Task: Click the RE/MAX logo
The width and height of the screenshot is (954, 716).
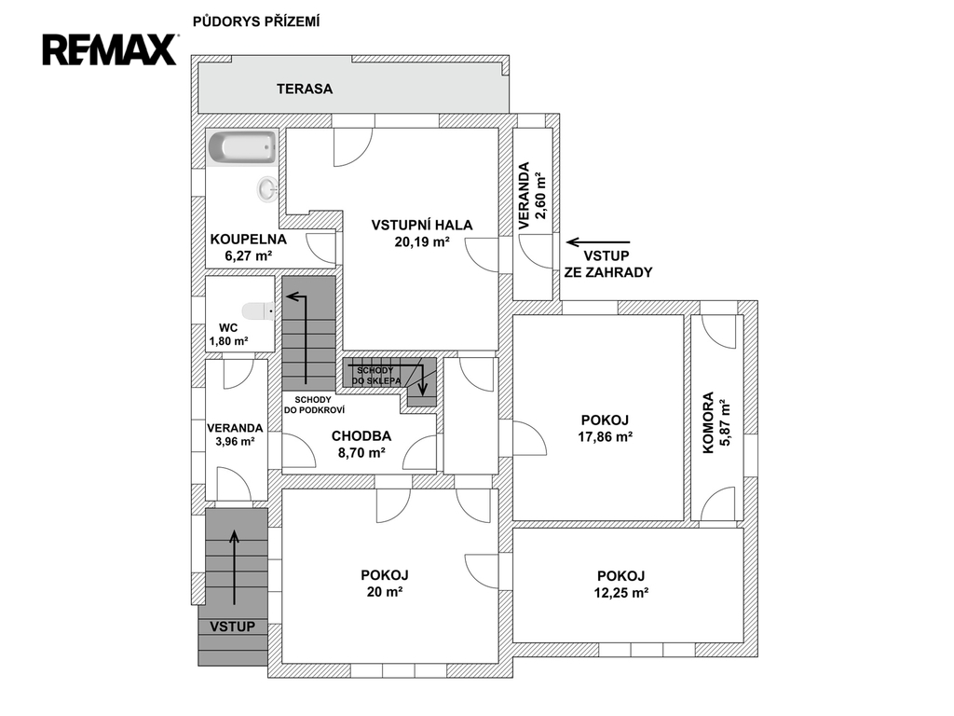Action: click(110, 49)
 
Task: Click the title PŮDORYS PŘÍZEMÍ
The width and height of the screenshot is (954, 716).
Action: click(256, 22)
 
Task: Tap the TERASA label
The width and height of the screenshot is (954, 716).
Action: click(305, 89)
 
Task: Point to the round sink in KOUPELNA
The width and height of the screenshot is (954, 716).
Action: click(267, 188)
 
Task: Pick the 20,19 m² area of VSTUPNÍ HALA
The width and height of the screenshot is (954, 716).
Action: click(422, 241)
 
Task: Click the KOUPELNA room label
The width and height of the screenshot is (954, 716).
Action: click(248, 240)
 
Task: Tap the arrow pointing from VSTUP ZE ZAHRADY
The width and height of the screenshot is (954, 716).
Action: click(598, 242)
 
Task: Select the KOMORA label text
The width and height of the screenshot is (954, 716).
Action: click(708, 422)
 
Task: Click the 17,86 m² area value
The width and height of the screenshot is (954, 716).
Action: click(606, 436)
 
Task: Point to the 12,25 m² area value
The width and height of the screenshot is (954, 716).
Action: click(621, 592)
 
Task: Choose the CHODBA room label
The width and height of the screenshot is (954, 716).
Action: click(361, 436)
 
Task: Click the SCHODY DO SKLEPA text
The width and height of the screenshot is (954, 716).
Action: click(375, 376)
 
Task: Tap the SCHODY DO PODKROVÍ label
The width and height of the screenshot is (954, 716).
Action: click(314, 405)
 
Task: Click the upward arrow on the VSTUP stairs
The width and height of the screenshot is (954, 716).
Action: click(234, 568)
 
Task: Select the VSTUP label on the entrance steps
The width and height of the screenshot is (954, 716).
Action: click(232, 626)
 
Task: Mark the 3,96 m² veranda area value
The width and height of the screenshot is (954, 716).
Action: click(235, 441)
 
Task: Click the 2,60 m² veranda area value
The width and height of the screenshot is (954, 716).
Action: click(539, 196)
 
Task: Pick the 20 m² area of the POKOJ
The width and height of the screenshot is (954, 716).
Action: click(385, 591)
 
